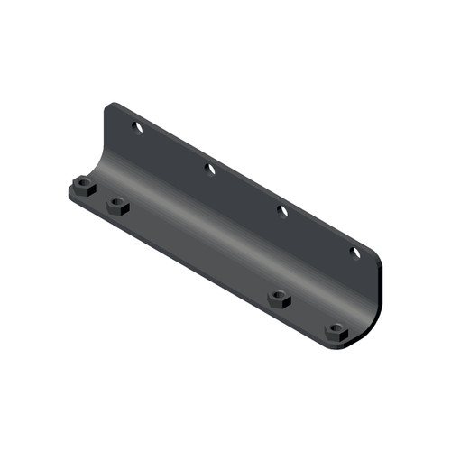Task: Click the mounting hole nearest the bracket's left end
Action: (138, 128)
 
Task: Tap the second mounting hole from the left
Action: (209, 169)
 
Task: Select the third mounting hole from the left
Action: (282, 211)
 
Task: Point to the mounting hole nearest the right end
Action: (355, 253)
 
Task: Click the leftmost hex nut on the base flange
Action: (83, 189)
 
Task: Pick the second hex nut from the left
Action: (118, 207)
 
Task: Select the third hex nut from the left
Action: (280, 298)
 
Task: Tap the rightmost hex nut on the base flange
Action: (337, 331)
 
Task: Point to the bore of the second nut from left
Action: (118, 204)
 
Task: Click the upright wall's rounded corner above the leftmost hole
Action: (110, 107)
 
